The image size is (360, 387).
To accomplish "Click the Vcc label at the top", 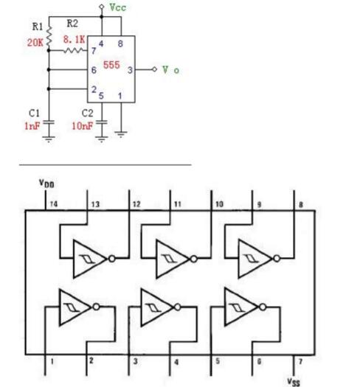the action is (x=117, y=7).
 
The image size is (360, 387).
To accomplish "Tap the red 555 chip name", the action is (x=111, y=65).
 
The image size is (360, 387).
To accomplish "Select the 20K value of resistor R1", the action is (x=35, y=43).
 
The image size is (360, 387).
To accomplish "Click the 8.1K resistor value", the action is (x=74, y=40).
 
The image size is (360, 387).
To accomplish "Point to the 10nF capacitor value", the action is (x=83, y=126).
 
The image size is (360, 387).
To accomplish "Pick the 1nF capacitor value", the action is (x=32, y=126).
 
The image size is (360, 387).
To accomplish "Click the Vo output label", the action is (x=170, y=70).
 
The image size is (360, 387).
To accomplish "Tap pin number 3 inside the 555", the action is (x=131, y=70).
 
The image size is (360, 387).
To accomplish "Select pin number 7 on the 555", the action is (x=94, y=51).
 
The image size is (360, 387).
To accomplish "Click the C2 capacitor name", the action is (x=88, y=114).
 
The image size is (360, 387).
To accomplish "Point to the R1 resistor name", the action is (x=38, y=27).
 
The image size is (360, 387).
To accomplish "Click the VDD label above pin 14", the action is (x=46, y=184).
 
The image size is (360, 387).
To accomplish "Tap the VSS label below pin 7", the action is (x=294, y=382).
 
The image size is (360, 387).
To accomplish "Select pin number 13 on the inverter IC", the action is (x=95, y=204).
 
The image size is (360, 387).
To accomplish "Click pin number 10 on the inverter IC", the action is (x=219, y=204).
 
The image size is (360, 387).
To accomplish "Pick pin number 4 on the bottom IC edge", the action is (x=176, y=363).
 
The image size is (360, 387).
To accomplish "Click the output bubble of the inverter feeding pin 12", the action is (x=112, y=259).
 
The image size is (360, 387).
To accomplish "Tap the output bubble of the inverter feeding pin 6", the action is (x=263, y=307).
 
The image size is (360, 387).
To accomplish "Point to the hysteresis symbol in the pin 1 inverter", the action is (x=72, y=307).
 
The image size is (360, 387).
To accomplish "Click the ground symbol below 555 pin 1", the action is (x=121, y=134).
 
